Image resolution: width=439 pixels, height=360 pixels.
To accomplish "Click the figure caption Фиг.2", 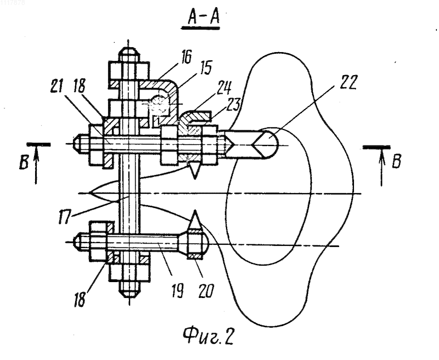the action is [x=209, y=336].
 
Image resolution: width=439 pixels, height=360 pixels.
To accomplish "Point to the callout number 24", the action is [x=224, y=88].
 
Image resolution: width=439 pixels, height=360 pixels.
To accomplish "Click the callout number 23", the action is [x=232, y=104].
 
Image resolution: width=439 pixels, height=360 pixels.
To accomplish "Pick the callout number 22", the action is [x=348, y=82].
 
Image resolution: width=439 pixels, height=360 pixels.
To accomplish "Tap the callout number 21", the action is [x=57, y=86].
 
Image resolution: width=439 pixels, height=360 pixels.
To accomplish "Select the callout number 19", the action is [x=177, y=290].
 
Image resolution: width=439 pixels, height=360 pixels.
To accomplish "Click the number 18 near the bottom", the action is [x=80, y=300].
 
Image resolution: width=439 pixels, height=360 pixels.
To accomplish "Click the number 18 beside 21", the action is [x=79, y=86].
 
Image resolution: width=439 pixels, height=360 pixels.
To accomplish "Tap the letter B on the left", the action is [x=24, y=163].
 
